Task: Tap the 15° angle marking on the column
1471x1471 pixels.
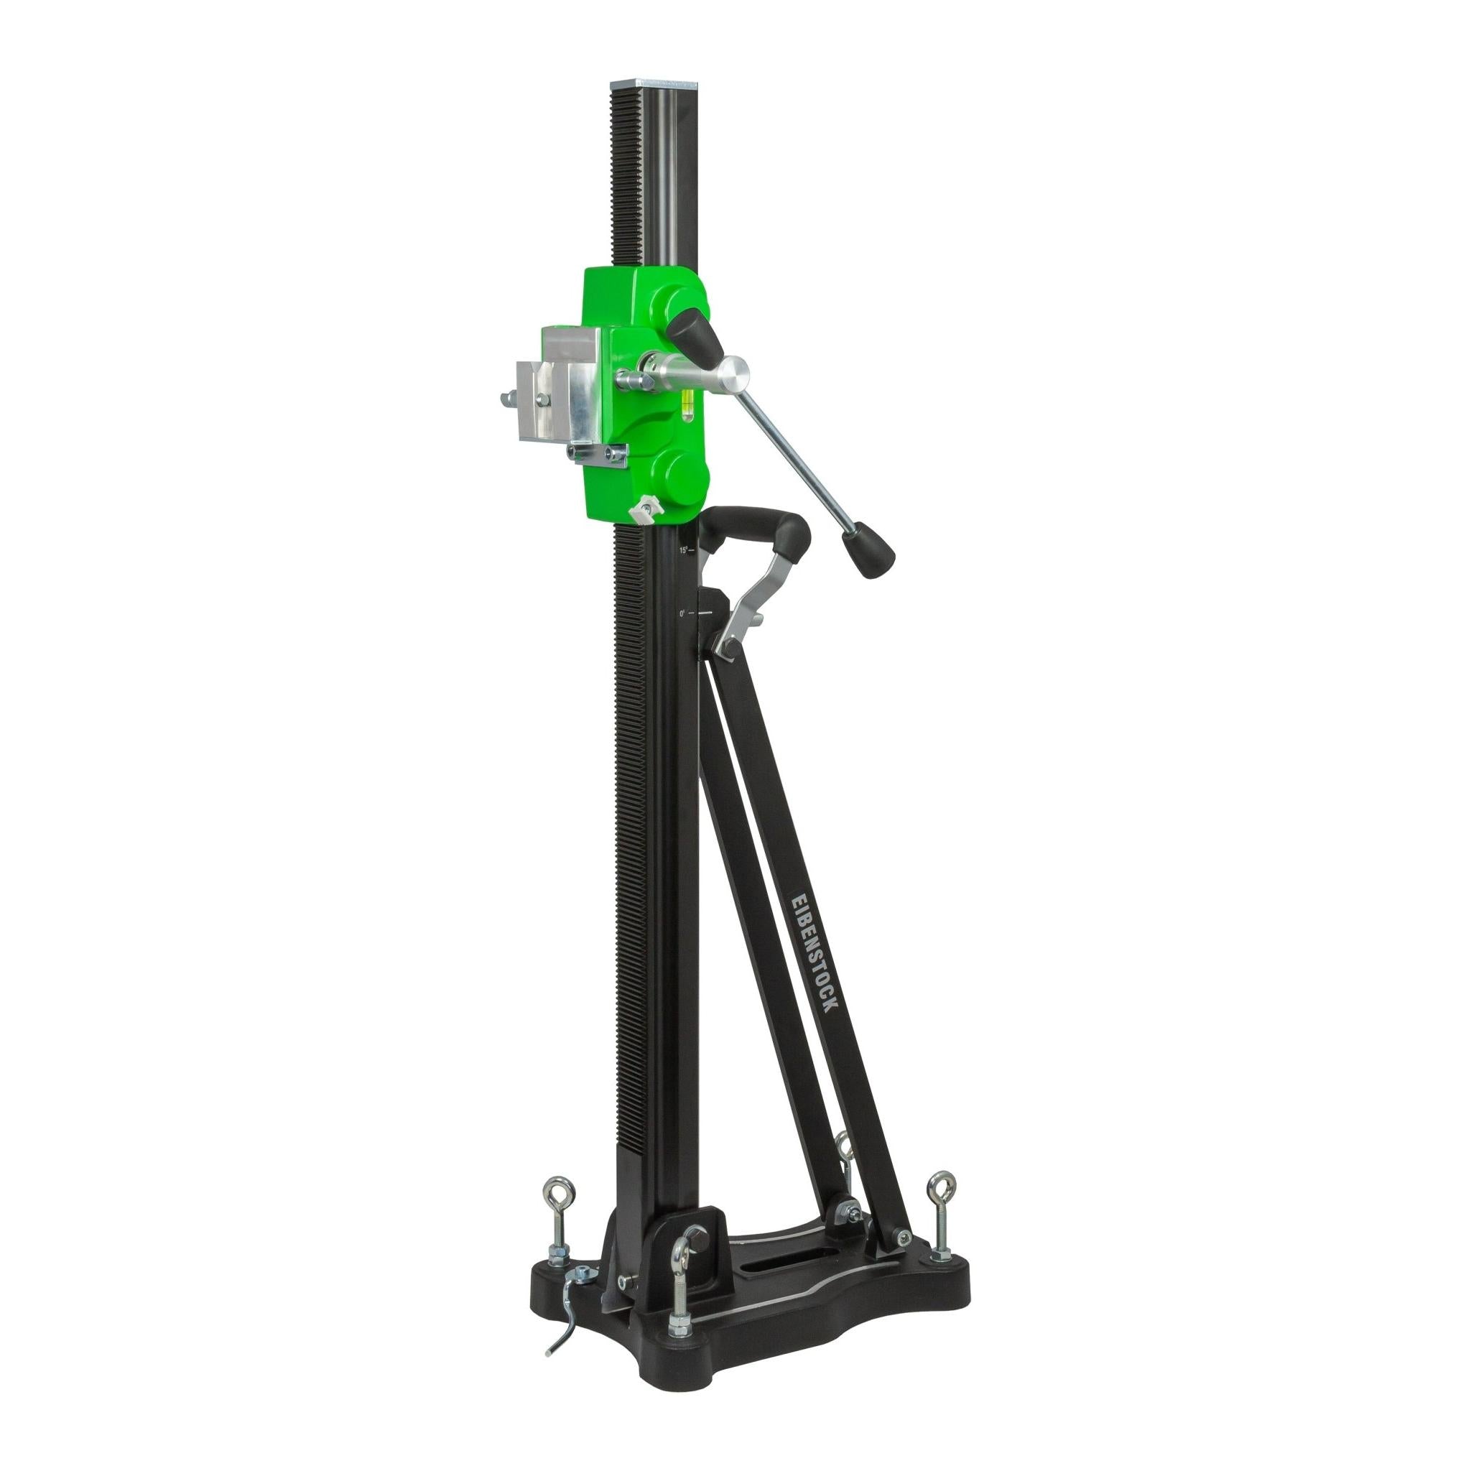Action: click(685, 549)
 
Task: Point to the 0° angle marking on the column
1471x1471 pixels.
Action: click(684, 612)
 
